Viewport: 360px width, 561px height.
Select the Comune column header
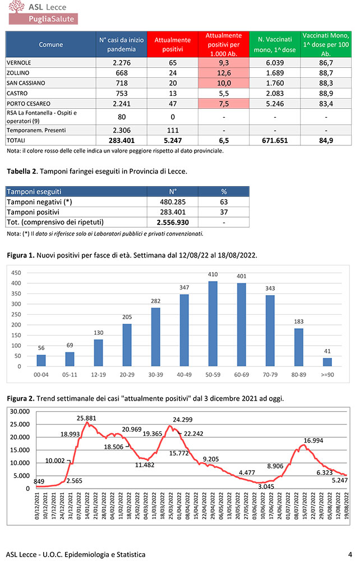click(50, 44)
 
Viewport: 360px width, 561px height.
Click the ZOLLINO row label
click(18, 73)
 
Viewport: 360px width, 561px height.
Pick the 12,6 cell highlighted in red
click(223, 73)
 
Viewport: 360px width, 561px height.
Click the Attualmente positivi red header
click(173, 44)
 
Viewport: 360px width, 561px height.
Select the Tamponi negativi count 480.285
click(173, 202)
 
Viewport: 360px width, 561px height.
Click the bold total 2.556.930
click(173, 222)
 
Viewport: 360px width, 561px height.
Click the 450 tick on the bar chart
click(17, 273)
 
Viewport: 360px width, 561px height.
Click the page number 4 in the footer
click(349, 554)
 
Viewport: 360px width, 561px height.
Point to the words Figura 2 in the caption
click(20, 398)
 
